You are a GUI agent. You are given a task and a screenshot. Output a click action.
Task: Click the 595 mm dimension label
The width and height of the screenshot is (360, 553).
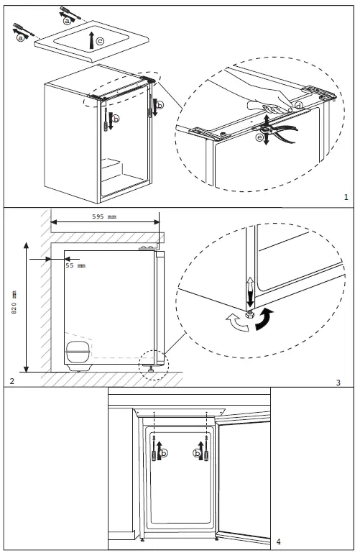click(x=104, y=216)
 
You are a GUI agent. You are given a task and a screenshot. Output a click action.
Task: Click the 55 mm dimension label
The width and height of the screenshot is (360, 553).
click(x=75, y=265)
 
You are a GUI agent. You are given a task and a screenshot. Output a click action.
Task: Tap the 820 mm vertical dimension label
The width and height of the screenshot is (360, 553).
click(x=14, y=302)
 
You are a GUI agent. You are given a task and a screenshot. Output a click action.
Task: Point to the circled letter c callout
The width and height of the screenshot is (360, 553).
click(x=101, y=41)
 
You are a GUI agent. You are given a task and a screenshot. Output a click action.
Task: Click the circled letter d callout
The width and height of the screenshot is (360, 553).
click(x=299, y=106)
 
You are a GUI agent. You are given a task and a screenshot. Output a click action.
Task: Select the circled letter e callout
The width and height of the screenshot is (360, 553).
click(x=260, y=137)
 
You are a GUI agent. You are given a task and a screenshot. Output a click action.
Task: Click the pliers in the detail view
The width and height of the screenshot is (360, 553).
click(x=278, y=132)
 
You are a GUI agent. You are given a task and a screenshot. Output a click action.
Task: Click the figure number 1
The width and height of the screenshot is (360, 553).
click(x=346, y=197)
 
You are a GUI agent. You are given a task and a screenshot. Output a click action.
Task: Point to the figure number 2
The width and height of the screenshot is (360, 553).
click(x=12, y=381)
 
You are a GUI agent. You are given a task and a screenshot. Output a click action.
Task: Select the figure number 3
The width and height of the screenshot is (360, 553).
click(x=338, y=383)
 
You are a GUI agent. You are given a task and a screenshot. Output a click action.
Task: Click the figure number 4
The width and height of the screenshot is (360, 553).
click(x=279, y=541)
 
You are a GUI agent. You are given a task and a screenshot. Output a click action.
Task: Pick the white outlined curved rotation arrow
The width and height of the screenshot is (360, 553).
click(x=237, y=323)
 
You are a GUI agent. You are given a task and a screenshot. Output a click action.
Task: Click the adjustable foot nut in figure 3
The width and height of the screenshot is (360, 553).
click(x=250, y=314)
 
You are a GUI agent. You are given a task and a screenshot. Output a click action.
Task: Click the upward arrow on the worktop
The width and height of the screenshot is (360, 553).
click(x=91, y=40)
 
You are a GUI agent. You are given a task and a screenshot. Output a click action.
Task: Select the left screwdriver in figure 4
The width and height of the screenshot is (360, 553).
click(x=154, y=448)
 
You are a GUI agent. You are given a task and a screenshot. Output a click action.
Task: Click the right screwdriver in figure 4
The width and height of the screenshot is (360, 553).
click(x=206, y=448)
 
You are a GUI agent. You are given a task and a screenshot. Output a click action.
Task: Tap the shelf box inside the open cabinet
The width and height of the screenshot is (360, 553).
click(x=112, y=169)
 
